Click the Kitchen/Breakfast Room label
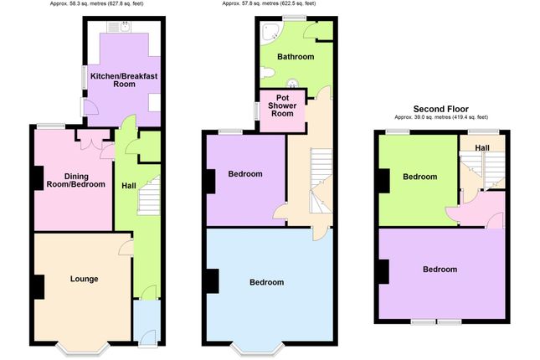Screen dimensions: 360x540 124,80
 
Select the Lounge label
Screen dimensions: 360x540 84,279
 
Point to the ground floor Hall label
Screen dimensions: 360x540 128,185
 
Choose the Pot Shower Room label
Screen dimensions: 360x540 284,105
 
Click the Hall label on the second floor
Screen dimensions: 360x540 482,147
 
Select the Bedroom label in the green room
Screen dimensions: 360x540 419,177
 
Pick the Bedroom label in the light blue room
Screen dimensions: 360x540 266,282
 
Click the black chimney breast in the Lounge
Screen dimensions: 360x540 39,285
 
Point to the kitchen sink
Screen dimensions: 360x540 124,27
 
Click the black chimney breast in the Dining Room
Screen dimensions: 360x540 39,178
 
